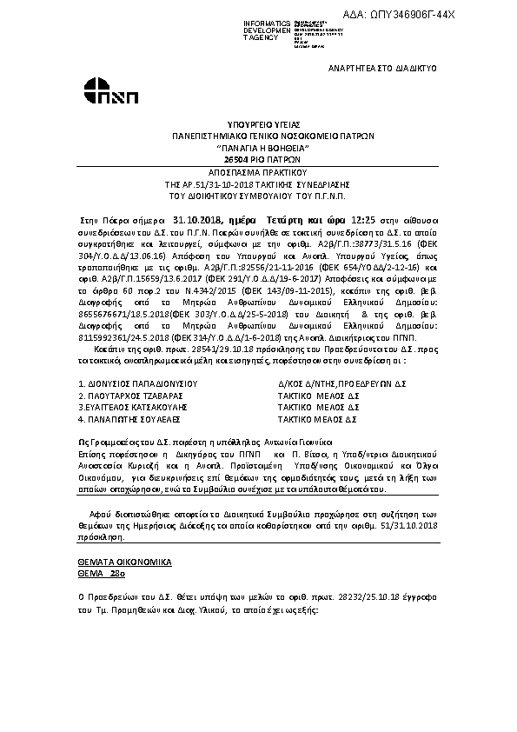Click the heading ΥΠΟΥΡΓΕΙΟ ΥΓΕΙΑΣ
pyautogui.click(x=258, y=125)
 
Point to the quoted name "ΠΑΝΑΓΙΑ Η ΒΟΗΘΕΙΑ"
pyautogui.click(x=258, y=148)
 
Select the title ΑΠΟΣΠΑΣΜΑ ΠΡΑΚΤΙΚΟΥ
pyautogui.click(x=258, y=173)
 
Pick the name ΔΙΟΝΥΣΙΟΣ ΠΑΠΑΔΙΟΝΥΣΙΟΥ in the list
pyautogui.click(x=138, y=383)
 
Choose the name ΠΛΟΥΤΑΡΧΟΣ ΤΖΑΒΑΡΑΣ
pyautogui.click(x=129, y=395)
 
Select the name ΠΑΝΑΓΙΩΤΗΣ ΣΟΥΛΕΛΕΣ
pyautogui.click(x=129, y=418)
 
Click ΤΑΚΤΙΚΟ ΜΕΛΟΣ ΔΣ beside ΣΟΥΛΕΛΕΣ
pyautogui.click(x=317, y=418)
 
